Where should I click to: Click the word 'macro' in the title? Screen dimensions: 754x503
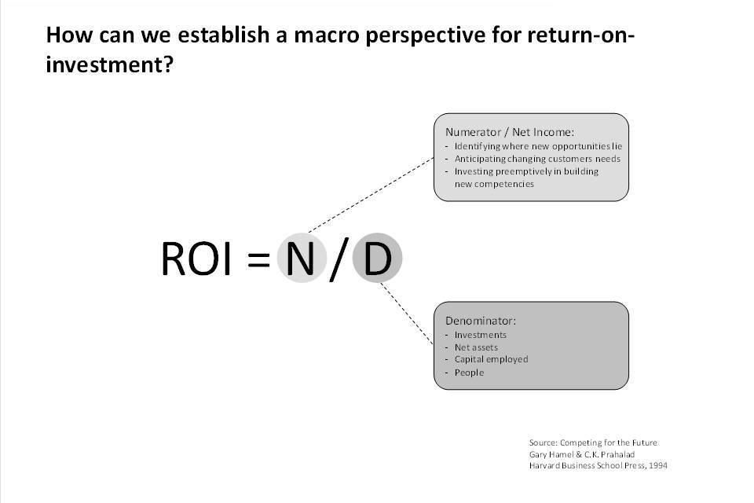327,35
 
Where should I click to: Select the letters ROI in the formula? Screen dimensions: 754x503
196,259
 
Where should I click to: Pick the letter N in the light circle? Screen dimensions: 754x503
300,259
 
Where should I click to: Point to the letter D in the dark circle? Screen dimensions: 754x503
378,259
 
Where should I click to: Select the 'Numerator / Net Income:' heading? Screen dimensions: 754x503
510,132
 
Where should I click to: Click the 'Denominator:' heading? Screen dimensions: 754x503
481,321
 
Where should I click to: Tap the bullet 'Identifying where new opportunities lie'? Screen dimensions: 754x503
538,146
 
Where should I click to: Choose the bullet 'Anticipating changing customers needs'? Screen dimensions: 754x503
537,159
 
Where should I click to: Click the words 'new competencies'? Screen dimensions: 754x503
494,184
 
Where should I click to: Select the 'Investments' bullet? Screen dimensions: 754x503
481,335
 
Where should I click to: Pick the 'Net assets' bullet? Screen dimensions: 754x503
476,347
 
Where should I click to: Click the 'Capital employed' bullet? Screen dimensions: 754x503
491,359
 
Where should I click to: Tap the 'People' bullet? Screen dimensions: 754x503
469,373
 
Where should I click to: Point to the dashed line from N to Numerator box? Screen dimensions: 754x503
371,194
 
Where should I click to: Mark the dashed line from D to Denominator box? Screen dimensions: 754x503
407,314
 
